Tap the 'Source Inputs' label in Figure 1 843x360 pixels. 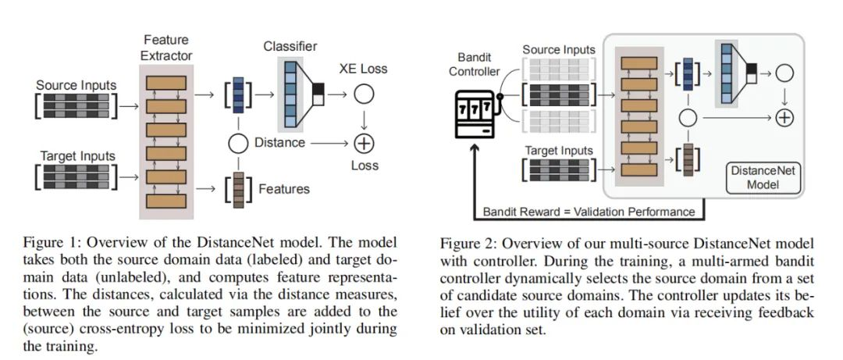click(x=76, y=85)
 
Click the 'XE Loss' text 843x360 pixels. click(x=363, y=69)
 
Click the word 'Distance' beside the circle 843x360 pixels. click(x=279, y=144)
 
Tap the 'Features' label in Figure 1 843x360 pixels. click(x=283, y=189)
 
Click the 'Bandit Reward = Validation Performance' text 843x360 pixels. click(x=589, y=212)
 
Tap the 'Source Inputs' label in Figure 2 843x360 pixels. click(x=558, y=50)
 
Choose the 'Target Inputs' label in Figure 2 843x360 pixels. click(x=559, y=150)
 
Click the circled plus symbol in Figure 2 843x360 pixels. click(x=784, y=118)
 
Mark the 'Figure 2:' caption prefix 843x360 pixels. click(x=468, y=242)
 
